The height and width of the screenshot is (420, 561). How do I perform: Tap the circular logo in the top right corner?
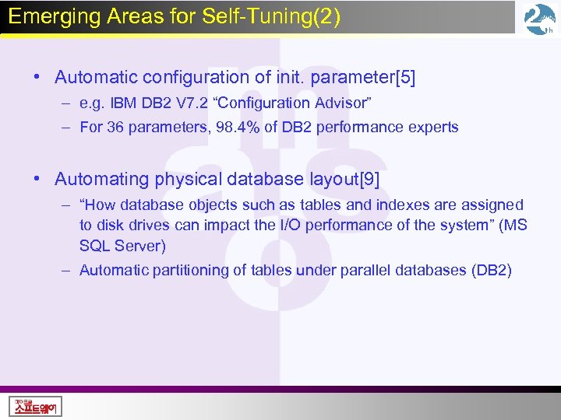coord(539,19)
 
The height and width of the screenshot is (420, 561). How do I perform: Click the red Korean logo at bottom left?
coord(35,405)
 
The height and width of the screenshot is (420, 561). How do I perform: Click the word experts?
coord(433,127)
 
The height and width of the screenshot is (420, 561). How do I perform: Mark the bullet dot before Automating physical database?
coord(37,179)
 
